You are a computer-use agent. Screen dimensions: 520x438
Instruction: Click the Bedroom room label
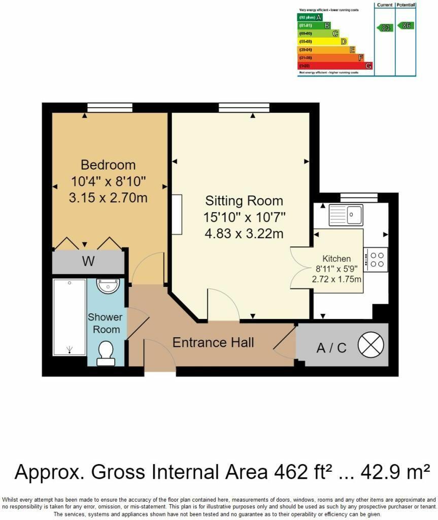point(108,165)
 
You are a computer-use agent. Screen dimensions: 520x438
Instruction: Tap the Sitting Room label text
point(244,200)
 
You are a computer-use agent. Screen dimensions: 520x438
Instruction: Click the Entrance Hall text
point(213,342)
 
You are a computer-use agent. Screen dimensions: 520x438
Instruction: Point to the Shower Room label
point(106,323)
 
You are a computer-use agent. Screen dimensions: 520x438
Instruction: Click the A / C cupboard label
point(331,348)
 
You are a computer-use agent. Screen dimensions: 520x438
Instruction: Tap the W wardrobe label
point(88,262)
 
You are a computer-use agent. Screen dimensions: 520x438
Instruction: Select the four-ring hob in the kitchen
point(376,259)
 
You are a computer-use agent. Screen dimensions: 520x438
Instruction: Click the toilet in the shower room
point(106,353)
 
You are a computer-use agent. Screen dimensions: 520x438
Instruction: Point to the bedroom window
point(110,107)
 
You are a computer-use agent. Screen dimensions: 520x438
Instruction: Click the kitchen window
point(358,197)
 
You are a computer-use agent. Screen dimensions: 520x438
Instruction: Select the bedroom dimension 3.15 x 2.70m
point(108,198)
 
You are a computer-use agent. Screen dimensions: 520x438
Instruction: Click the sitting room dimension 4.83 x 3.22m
point(244,234)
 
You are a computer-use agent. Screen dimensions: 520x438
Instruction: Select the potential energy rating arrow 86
point(406,25)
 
